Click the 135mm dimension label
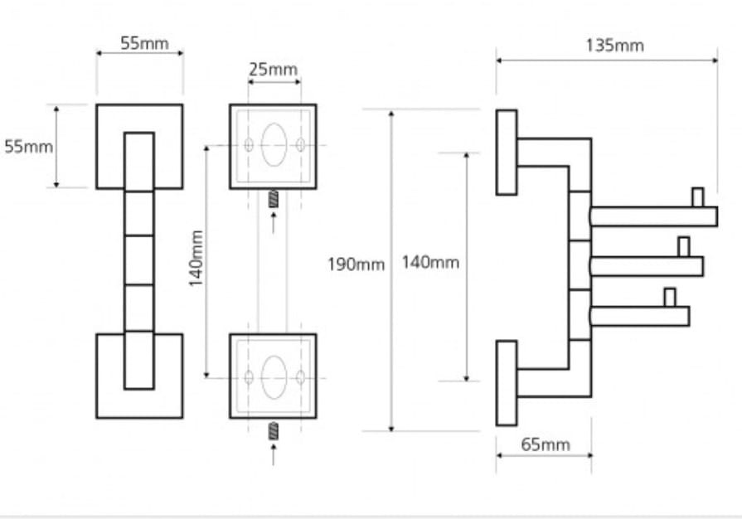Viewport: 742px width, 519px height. (614, 46)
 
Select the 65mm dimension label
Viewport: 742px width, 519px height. (546, 444)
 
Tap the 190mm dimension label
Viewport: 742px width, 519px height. (356, 264)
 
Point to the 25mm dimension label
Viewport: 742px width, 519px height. (273, 70)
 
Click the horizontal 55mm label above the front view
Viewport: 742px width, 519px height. (144, 43)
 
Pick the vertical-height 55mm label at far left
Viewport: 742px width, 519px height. (28, 147)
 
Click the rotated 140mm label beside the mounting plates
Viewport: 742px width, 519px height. (196, 259)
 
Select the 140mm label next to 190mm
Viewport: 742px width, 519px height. (430, 262)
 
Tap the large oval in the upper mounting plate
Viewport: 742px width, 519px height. (274, 145)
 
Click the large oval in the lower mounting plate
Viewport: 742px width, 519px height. (274, 377)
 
